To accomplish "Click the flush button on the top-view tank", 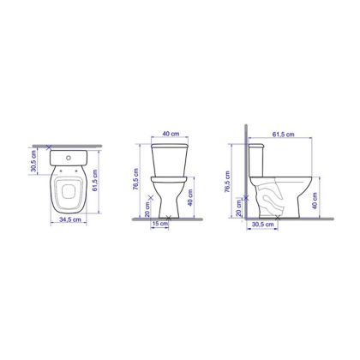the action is point(69,158).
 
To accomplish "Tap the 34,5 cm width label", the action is point(70,219).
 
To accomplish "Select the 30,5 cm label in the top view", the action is point(34,161).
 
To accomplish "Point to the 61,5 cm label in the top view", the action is point(95,180).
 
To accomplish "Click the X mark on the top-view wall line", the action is point(49,147).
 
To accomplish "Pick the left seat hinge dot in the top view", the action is point(61,171).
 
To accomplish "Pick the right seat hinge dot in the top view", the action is point(76,171).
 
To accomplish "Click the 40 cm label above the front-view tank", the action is point(171,134).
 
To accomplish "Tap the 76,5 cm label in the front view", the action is point(135,179).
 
